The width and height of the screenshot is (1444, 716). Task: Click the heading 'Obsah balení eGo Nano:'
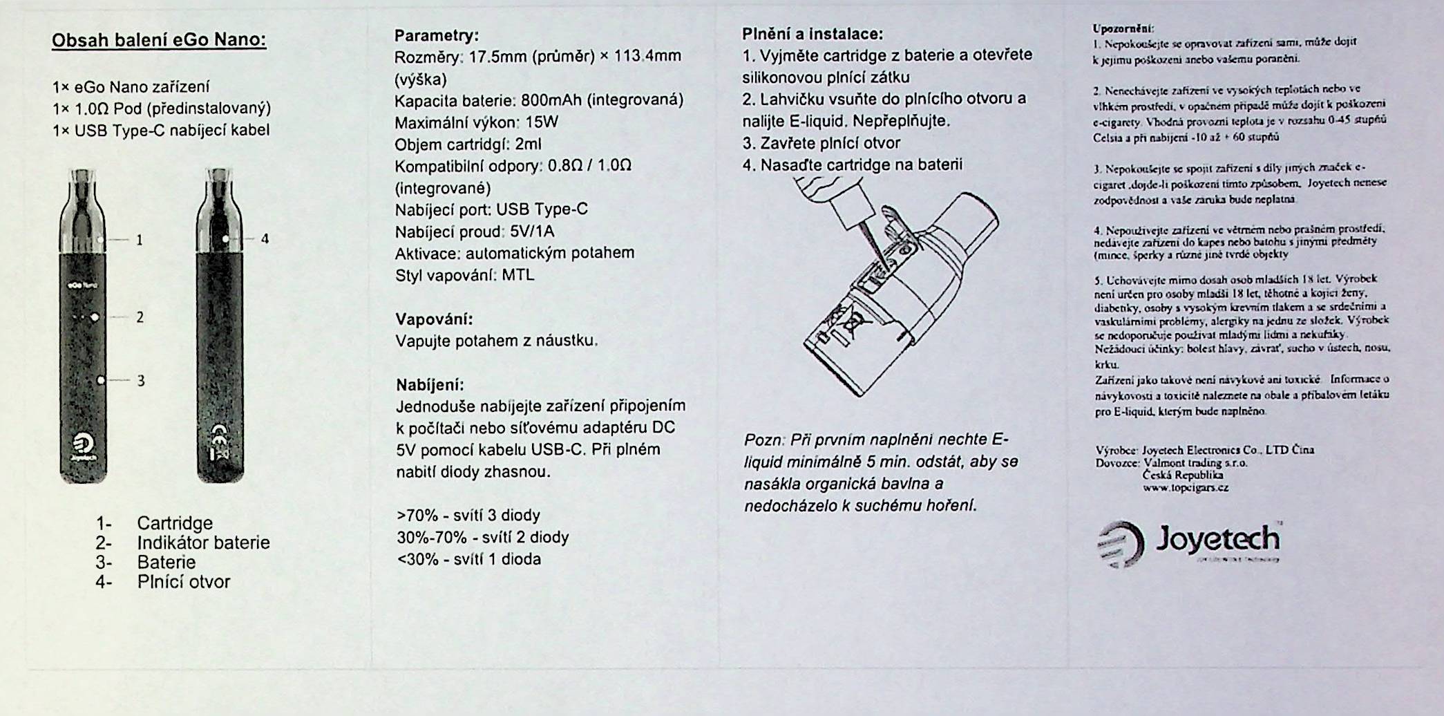[159, 40]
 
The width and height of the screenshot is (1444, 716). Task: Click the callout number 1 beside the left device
[140, 240]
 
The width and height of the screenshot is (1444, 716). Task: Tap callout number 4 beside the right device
[265, 239]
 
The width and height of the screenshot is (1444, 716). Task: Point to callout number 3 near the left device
[141, 380]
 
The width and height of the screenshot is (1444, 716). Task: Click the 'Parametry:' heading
[436, 35]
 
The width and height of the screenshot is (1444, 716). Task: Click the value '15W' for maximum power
[542, 122]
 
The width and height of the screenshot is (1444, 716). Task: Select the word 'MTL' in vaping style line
[518, 275]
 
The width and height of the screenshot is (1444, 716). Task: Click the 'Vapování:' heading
[434, 319]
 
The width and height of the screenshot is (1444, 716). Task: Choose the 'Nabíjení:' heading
[430, 385]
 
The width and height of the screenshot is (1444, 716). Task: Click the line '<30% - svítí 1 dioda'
[468, 559]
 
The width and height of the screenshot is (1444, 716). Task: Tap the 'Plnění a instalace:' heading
[813, 34]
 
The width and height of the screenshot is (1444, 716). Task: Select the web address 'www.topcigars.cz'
[1186, 487]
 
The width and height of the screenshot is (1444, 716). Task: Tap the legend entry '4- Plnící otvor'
[163, 582]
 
